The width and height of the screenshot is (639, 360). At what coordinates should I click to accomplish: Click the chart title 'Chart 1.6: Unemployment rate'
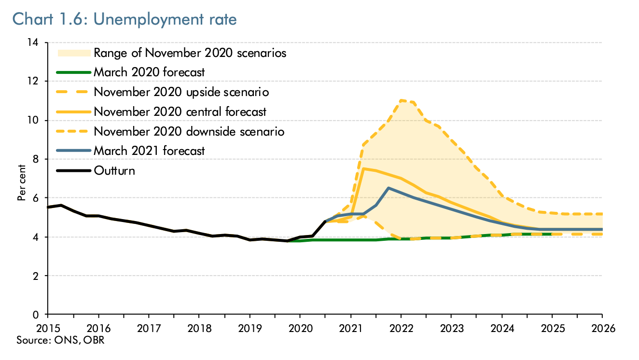pos(125,19)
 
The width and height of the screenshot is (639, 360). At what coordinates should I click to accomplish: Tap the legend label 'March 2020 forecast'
pos(149,72)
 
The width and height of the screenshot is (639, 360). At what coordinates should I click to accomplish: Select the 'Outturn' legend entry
pos(114,170)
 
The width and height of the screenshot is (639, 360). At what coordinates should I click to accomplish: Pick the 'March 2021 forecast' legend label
pos(149,151)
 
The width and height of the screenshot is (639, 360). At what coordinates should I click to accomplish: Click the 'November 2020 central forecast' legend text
pos(180,111)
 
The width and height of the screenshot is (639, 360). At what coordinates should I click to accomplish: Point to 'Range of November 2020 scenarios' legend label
pos(190,53)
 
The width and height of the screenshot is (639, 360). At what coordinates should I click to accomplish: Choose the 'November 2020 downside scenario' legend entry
pos(189,131)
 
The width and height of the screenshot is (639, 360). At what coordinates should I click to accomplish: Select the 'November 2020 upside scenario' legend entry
pos(181,92)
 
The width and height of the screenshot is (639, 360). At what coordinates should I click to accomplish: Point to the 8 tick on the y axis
pos(36,159)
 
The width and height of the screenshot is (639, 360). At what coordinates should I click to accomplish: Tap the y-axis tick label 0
pos(36,315)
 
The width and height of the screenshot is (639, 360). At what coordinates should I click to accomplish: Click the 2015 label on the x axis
pos(48,328)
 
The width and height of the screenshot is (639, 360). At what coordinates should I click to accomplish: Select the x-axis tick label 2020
pos(300,328)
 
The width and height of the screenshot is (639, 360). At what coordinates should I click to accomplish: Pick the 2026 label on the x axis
pos(602,328)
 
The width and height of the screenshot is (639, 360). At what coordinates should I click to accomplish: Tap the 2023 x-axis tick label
pos(451,328)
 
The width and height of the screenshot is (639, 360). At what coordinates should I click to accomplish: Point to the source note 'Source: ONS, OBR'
pos(60,340)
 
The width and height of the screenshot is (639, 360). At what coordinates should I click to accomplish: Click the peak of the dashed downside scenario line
pos(401,100)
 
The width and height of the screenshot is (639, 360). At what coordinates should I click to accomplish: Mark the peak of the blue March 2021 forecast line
pos(388,188)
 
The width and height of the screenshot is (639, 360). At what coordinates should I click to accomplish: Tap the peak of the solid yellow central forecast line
pos(363,168)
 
